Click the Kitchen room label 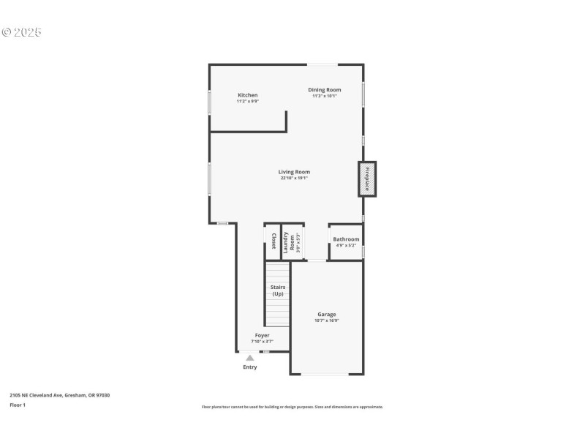click(247, 95)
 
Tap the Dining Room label click(324, 90)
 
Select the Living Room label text click(294, 172)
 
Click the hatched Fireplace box click(367, 179)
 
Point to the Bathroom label click(346, 239)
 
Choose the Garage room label click(326, 315)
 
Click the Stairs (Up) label click(278, 290)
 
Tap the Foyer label click(262, 335)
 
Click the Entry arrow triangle click(250, 358)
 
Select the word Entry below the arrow click(250, 367)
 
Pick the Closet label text click(273, 241)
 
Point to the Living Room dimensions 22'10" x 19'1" click(294, 178)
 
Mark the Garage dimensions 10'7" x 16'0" click(326, 320)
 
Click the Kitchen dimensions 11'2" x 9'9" click(247, 101)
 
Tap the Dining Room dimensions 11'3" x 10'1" click(324, 96)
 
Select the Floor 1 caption click(17, 405)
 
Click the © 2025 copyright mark click(22, 32)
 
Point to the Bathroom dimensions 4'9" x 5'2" click(346, 245)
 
